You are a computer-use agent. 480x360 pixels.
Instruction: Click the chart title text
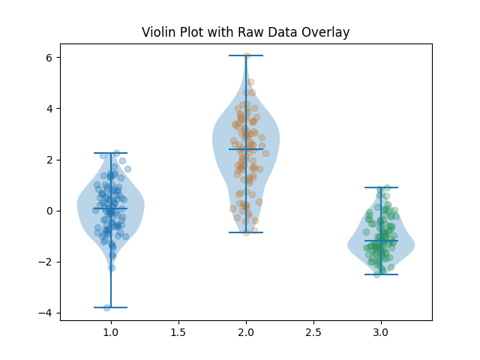click(246, 32)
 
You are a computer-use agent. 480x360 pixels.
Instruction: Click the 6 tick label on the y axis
click(49, 58)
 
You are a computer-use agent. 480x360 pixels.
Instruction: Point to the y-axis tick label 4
click(49, 109)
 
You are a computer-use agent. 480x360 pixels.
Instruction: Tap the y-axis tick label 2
click(49, 160)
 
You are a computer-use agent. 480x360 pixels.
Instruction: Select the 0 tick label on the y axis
click(49, 211)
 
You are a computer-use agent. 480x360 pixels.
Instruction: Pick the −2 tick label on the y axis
click(46, 262)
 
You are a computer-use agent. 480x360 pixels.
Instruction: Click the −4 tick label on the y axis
click(46, 313)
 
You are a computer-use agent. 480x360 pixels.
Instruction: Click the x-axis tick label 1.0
click(111, 331)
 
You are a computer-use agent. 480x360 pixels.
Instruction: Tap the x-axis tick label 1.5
click(178, 331)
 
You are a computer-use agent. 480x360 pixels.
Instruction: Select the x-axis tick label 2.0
click(246, 331)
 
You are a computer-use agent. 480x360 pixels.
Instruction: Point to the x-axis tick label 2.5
click(313, 331)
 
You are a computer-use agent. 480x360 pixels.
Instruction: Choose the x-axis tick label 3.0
click(381, 331)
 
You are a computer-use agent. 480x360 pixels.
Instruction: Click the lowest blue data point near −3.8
click(107, 307)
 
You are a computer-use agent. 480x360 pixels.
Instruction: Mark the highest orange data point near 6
click(247, 55)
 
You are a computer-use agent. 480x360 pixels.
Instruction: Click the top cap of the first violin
click(111, 153)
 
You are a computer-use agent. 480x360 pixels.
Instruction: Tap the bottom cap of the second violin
click(246, 232)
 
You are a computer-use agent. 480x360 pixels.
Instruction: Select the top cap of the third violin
click(381, 187)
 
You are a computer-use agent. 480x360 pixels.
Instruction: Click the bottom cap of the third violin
click(381, 274)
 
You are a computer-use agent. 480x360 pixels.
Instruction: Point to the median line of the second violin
click(246, 149)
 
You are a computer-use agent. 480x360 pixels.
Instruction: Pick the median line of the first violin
click(111, 208)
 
